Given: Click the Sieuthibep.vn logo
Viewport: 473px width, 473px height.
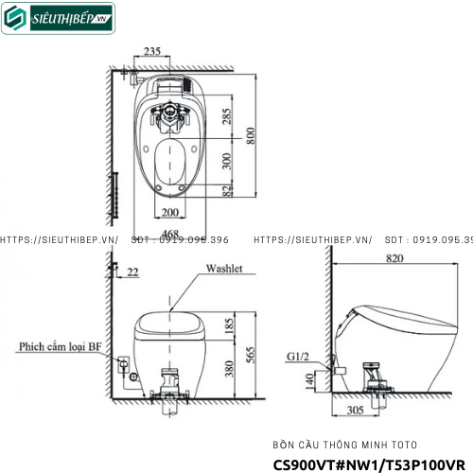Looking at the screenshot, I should [x=58, y=18].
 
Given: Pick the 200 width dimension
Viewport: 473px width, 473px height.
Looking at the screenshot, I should [x=170, y=213].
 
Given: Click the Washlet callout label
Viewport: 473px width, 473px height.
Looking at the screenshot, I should [x=223, y=269].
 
